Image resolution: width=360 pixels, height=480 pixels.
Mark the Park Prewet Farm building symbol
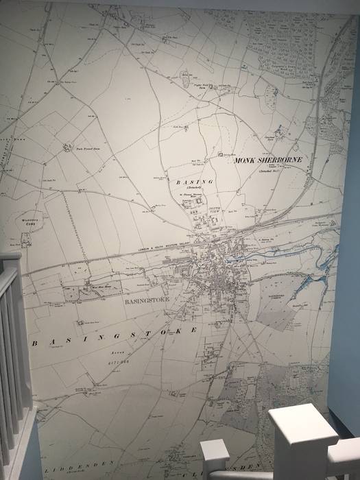point(67,146)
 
